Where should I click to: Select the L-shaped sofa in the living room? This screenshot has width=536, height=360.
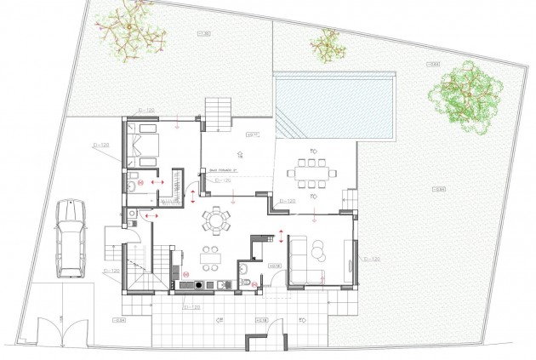point(306,260)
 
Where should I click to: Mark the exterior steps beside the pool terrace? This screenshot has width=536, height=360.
point(218,111)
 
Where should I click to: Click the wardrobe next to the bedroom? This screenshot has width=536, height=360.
point(177,185)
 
